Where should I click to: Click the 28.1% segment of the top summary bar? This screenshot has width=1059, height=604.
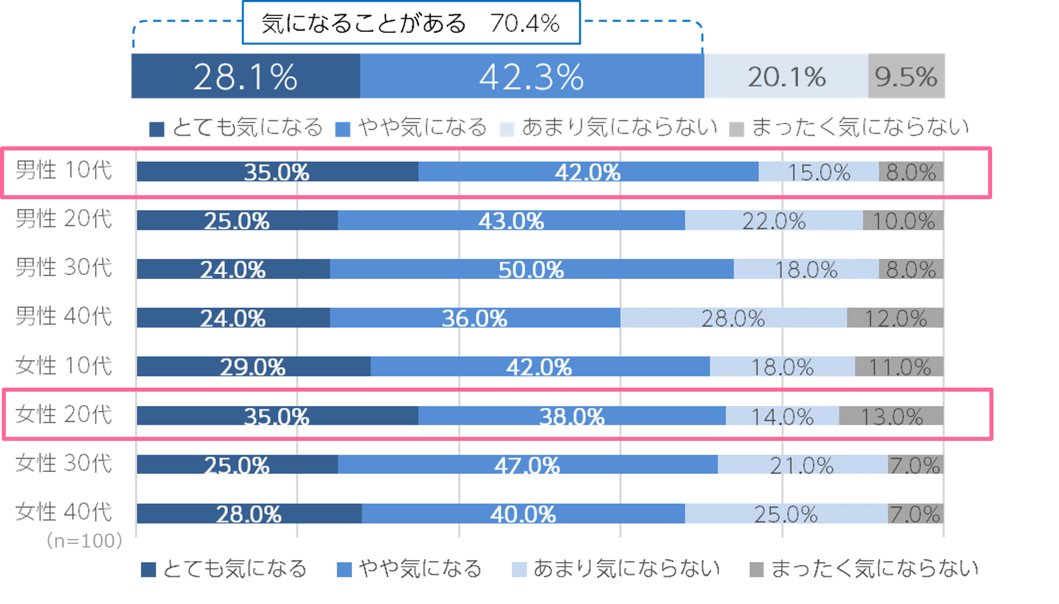pos(245,76)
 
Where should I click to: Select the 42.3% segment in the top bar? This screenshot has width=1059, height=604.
pos(532,76)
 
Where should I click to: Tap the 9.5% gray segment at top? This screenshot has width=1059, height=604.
pos(906,76)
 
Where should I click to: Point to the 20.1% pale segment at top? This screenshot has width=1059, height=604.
pos(786,76)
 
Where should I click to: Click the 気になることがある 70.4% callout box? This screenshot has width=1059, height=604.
pos(411,23)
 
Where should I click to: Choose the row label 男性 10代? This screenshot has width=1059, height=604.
pos(64,171)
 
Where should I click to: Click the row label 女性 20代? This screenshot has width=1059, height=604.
pos(64,415)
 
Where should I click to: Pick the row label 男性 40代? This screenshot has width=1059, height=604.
pos(64,317)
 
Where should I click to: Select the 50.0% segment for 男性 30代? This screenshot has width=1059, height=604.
pos(531,269)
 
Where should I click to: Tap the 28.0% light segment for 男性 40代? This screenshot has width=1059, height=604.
pos(733,318)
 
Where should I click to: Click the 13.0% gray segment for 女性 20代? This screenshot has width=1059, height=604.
pos(891,416)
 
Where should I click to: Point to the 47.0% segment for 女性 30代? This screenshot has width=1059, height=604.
pos(527,464)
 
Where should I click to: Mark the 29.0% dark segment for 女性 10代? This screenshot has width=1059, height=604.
pos(253,366)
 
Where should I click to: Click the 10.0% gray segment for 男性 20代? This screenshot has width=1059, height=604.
pos(903,220)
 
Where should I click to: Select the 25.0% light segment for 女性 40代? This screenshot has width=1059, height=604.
pos(786,514)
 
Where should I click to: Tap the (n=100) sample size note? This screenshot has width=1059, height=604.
pos(84,541)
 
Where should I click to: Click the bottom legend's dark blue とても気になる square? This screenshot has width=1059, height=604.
pos(148,570)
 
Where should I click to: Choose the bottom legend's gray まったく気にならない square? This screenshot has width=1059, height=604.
pos(756,570)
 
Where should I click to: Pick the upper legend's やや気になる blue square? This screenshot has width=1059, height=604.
pos(343,129)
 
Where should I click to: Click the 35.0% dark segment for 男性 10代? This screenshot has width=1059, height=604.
pos(277,172)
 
